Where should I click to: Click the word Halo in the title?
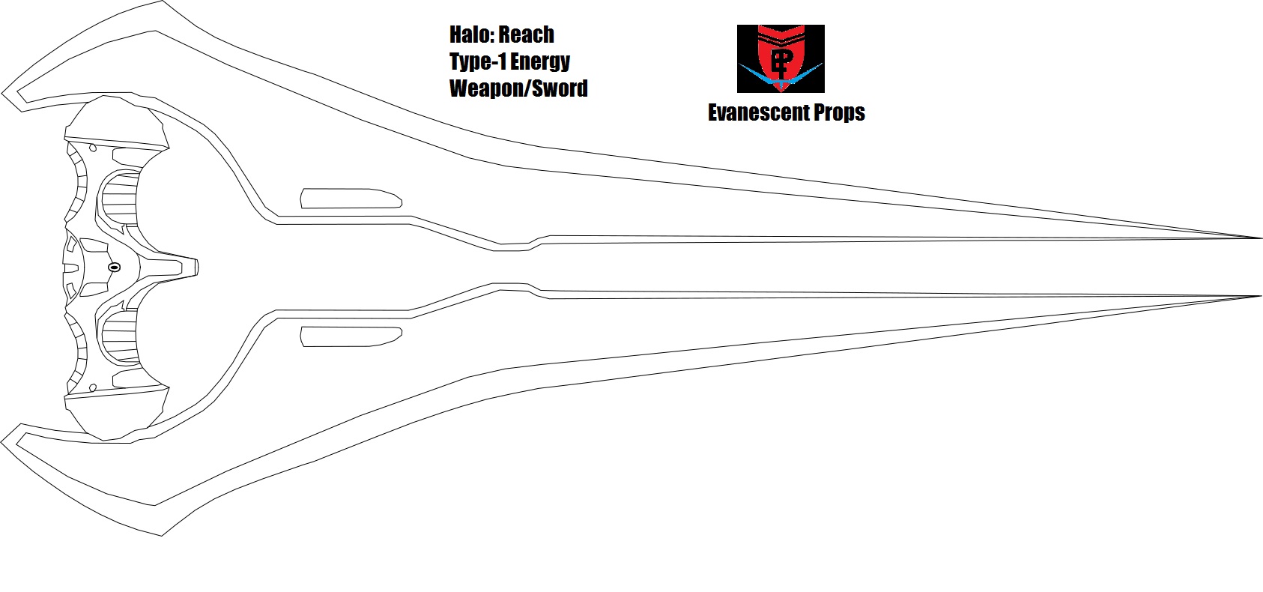[x=470, y=35]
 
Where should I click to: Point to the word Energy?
[x=540, y=62]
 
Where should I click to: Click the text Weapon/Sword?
[x=518, y=88]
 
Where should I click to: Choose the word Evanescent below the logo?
[x=757, y=112]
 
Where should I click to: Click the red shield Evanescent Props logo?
[x=781, y=58]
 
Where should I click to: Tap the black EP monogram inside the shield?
[x=781, y=62]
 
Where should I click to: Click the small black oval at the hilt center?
[x=114, y=268]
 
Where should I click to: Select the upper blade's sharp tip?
[x=1261, y=238]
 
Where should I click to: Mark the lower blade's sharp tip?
[x=1261, y=296]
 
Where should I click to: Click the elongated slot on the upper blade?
[x=351, y=199]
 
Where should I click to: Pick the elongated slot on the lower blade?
[x=351, y=336]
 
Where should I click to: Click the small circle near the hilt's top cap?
[x=93, y=148]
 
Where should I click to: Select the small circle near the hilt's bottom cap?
[x=93, y=388]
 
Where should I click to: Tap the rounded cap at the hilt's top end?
[x=115, y=121]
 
